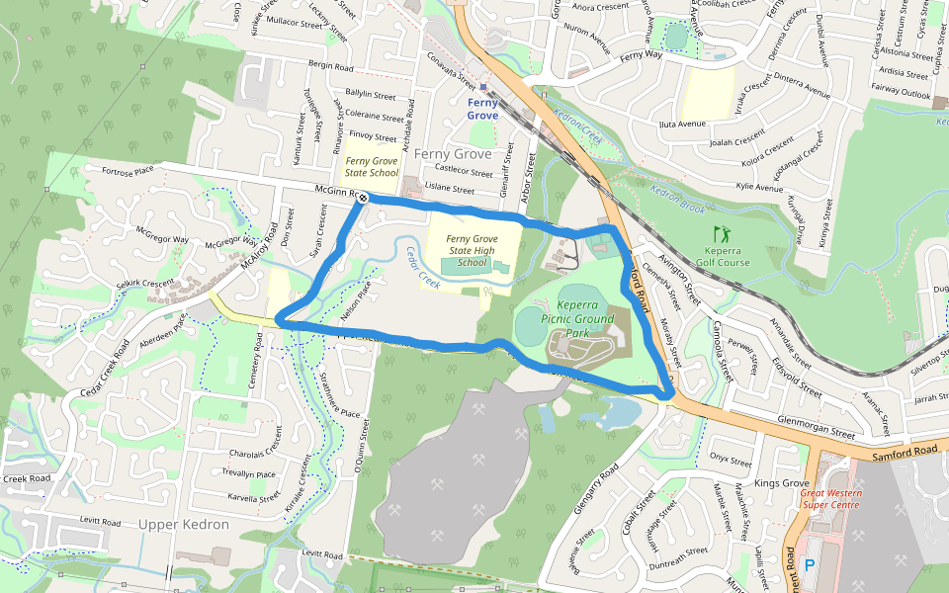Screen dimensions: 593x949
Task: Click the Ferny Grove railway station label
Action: point(482,109)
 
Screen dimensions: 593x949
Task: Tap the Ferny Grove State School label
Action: point(373,166)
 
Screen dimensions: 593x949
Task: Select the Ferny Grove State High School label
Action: point(472,251)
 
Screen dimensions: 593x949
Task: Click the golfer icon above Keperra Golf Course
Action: point(721,233)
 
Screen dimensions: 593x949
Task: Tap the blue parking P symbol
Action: point(810,565)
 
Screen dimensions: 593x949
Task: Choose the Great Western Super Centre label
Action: point(830,499)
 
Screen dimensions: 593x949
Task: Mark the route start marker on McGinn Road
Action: point(363,198)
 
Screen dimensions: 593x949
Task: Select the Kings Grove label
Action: point(782,482)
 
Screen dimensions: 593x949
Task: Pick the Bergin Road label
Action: point(330,67)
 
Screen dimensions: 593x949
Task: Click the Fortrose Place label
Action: point(128,170)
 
